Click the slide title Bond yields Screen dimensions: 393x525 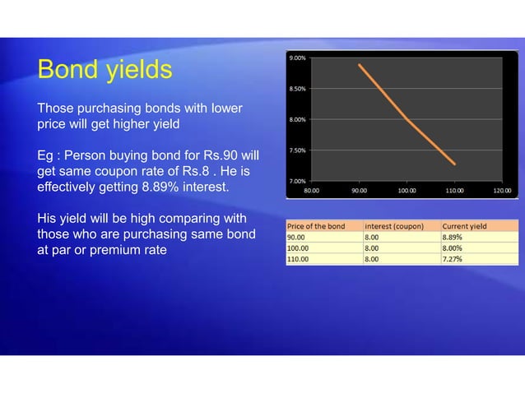pyautogui.click(x=104, y=70)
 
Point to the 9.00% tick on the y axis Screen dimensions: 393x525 pyautogui.click(x=298, y=58)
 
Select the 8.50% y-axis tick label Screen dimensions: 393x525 pyautogui.click(x=298, y=89)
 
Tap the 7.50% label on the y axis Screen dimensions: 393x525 pyautogui.click(x=298, y=150)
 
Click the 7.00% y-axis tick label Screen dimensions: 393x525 pyautogui.click(x=298, y=180)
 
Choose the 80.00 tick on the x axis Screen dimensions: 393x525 pyautogui.click(x=313, y=190)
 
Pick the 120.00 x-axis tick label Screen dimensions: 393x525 pyautogui.click(x=501, y=190)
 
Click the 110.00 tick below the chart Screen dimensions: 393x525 pyautogui.click(x=454, y=190)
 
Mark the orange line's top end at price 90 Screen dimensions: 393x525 pyautogui.click(x=360, y=65)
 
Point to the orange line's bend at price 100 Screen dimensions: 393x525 pyautogui.click(x=407, y=119)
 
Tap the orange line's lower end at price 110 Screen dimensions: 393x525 pyautogui.click(x=454, y=164)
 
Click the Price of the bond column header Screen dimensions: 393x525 pyautogui.click(x=316, y=225)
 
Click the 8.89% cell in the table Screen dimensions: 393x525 pyautogui.click(x=453, y=236)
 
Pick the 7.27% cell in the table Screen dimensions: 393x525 pyautogui.click(x=453, y=258)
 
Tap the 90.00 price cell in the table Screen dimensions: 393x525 pyautogui.click(x=296, y=236)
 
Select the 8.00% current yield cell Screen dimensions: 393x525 pyautogui.click(x=453, y=247)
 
